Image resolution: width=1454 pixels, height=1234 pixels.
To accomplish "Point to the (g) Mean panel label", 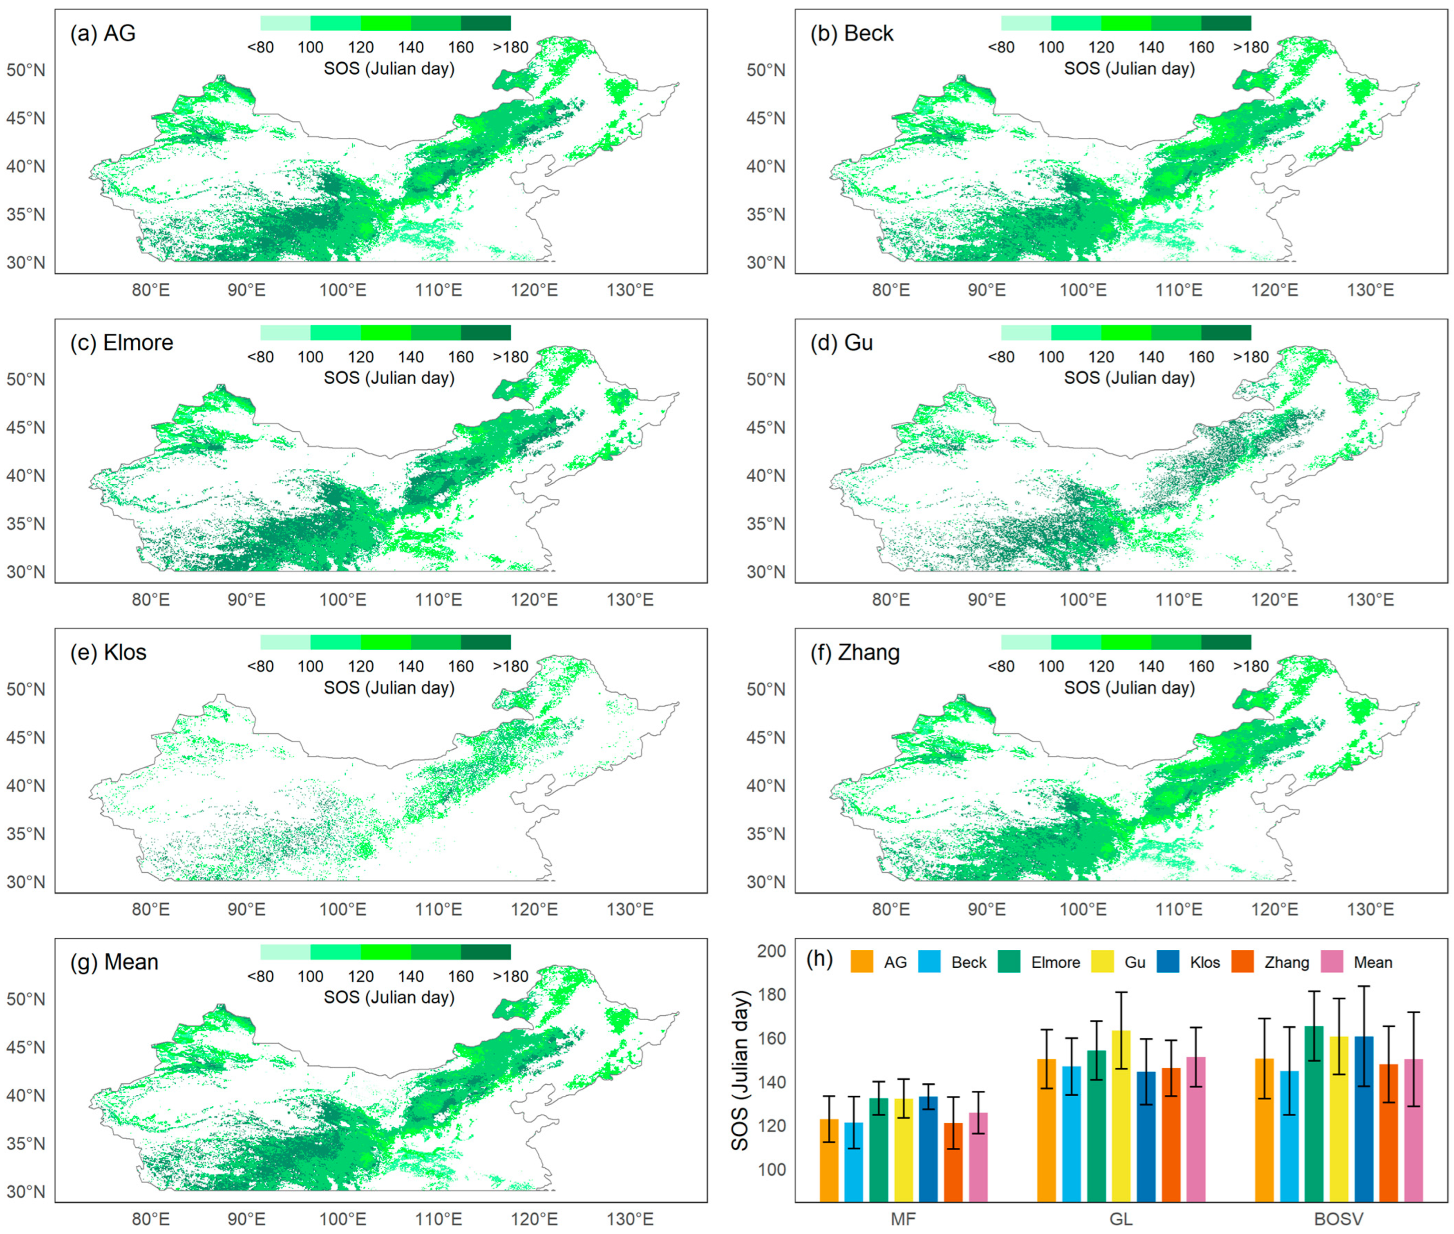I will (114, 962).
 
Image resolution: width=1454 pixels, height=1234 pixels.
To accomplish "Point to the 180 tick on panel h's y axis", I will (772, 994).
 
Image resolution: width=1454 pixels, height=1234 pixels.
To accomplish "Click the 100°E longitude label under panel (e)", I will (342, 909).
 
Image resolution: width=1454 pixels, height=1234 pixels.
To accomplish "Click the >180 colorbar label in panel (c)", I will (511, 357).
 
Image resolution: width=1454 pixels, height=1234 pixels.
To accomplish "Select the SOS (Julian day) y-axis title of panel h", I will (740, 1070).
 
